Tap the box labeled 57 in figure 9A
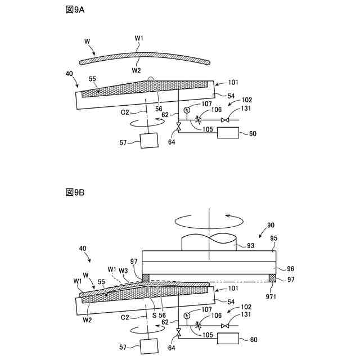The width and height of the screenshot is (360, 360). coord(150,140)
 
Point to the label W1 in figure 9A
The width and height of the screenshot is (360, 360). coord(139,39)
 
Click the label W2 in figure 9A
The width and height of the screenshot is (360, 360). coord(137,70)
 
